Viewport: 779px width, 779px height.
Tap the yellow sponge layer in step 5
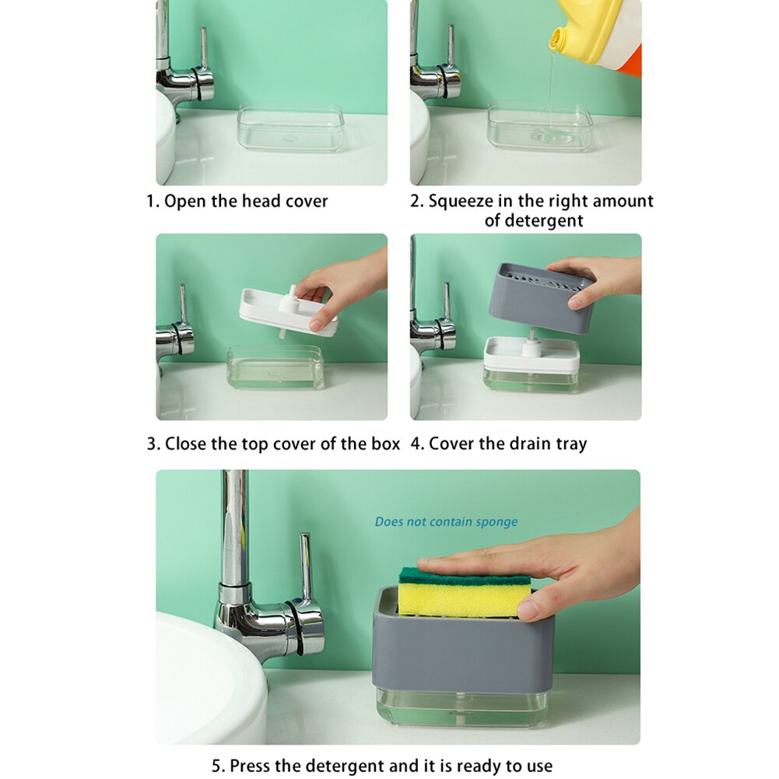[464, 601]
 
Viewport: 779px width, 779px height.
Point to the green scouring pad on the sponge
[464, 576]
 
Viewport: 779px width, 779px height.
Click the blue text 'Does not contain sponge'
[446, 521]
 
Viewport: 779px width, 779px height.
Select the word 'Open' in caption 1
[185, 201]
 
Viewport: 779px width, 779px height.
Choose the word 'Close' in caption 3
[186, 444]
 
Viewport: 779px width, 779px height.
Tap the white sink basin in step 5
[202, 677]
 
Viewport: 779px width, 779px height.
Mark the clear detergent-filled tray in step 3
[275, 370]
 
